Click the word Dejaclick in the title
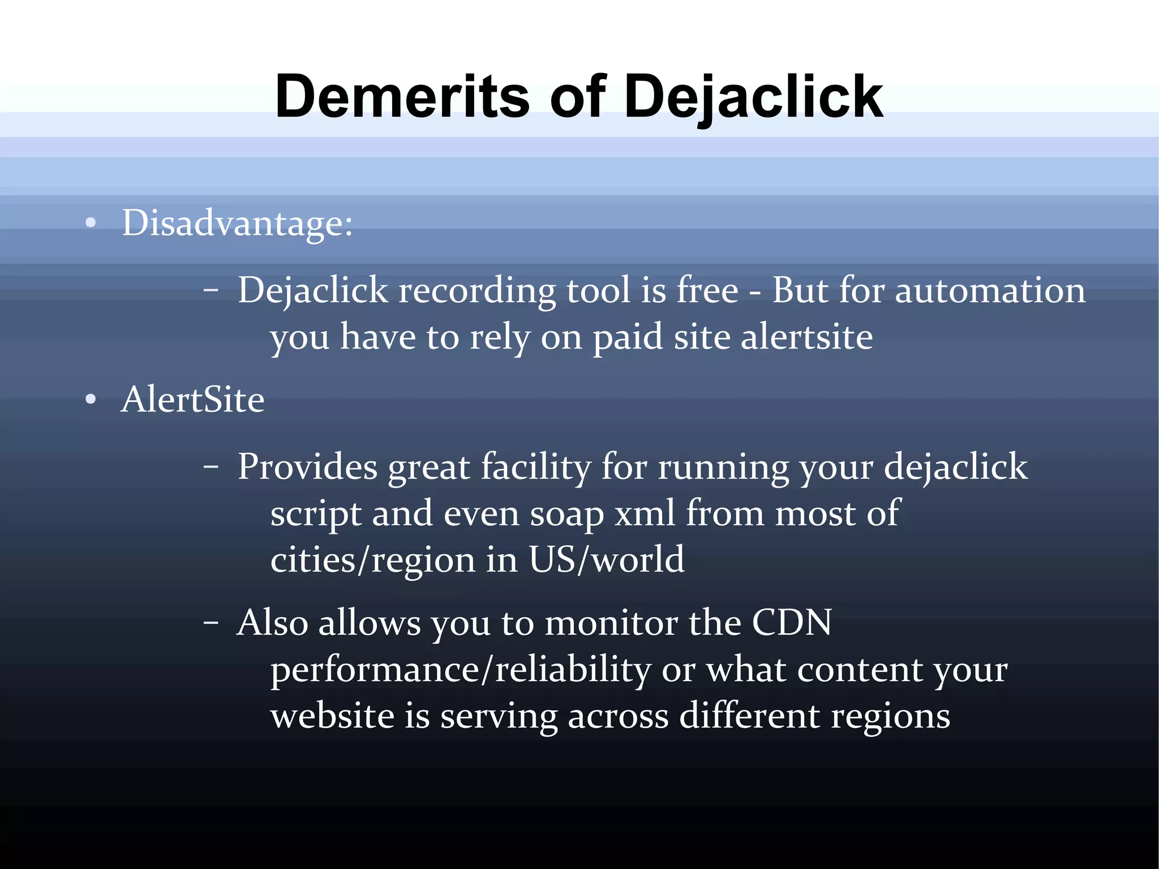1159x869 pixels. coord(753,97)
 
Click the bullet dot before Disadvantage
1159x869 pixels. coord(91,223)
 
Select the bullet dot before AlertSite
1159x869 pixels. coord(91,400)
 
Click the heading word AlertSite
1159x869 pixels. coord(192,399)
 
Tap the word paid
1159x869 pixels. coord(628,337)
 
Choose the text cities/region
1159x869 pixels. coord(373,560)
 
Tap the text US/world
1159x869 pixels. coord(606,559)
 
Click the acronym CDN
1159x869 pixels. coord(792,623)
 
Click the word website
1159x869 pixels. coord(332,716)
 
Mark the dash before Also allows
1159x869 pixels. coord(211,623)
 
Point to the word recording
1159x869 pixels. coord(477,291)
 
